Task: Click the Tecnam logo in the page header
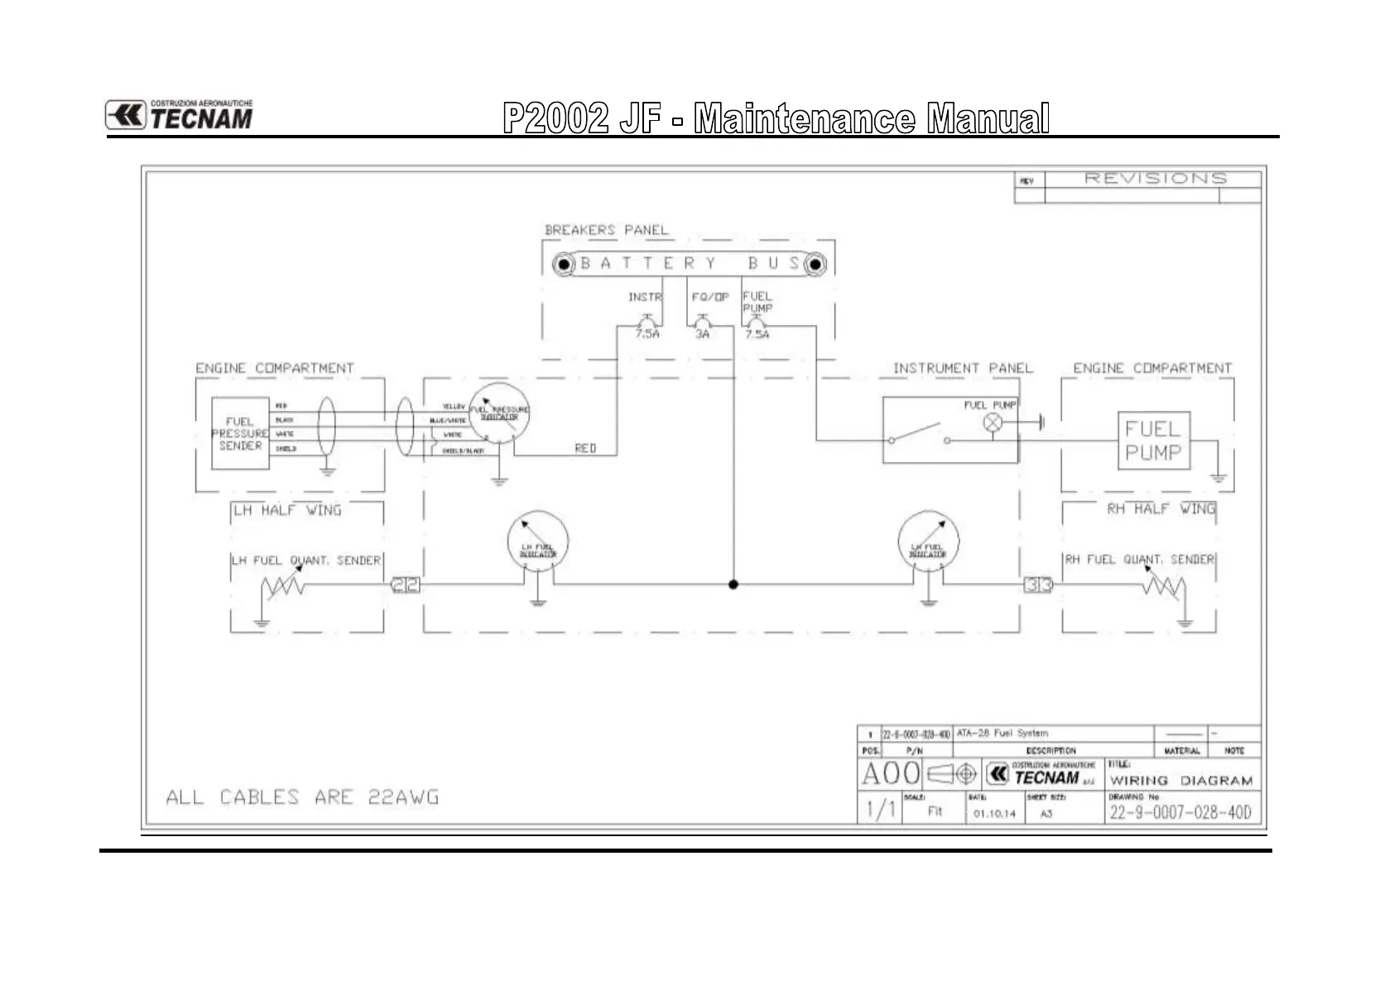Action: pyautogui.click(x=179, y=116)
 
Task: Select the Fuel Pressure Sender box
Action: pyautogui.click(x=240, y=434)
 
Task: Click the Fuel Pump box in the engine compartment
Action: pyautogui.click(x=1153, y=441)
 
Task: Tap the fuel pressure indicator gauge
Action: pyautogui.click(x=499, y=413)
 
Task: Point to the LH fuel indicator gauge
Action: pyautogui.click(x=537, y=542)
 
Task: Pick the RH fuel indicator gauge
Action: pyautogui.click(x=928, y=542)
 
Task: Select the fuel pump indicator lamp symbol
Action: pyautogui.click(x=992, y=423)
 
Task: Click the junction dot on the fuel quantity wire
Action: pyautogui.click(x=733, y=584)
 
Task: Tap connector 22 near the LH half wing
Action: pyautogui.click(x=406, y=584)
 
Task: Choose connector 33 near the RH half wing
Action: pyautogui.click(x=1038, y=584)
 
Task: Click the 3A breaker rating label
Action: pyautogui.click(x=702, y=334)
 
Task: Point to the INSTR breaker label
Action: pyautogui.click(x=645, y=297)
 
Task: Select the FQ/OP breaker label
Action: pyautogui.click(x=710, y=297)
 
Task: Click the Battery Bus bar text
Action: pyautogui.click(x=690, y=264)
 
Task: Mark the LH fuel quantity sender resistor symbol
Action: pyautogui.click(x=282, y=588)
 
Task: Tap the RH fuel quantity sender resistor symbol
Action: pyautogui.click(x=1164, y=588)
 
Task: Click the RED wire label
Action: pyautogui.click(x=585, y=448)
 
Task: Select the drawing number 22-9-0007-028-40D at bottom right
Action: pyautogui.click(x=1180, y=812)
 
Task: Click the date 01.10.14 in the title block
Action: pyautogui.click(x=994, y=814)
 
